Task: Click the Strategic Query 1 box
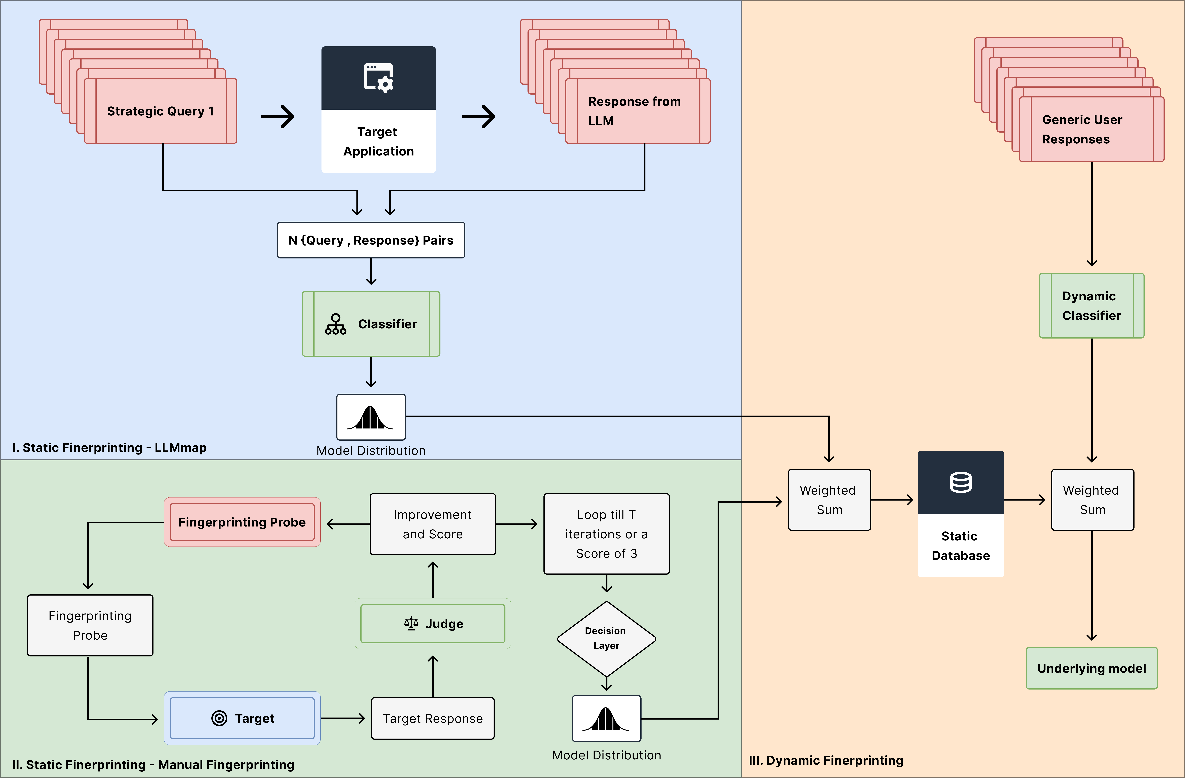point(160,111)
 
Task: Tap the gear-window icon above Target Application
point(378,78)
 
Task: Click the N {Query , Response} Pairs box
point(371,240)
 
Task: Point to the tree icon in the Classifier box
point(336,324)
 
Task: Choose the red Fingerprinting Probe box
point(242,522)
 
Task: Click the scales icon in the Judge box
point(411,624)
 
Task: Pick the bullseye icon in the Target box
point(219,718)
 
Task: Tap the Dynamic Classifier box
point(1091,306)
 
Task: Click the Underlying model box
point(1091,668)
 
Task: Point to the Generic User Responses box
point(1091,129)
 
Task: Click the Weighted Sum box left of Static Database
point(829,500)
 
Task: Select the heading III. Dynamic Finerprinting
point(825,760)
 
